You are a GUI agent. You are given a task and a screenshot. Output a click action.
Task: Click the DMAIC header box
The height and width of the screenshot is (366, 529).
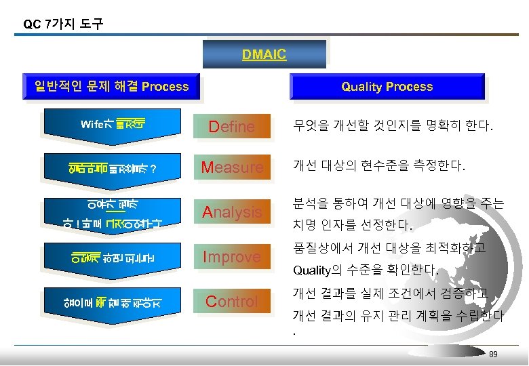pyautogui.click(x=264, y=54)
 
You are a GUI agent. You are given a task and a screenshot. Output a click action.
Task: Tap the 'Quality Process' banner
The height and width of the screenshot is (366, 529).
pyautogui.click(x=387, y=87)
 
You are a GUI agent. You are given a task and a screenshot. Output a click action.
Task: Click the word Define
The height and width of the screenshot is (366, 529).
pyautogui.click(x=231, y=127)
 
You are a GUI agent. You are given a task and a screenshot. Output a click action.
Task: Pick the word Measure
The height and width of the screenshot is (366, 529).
pyautogui.click(x=232, y=167)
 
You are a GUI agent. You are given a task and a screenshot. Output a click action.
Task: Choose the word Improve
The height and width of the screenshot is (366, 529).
pyautogui.click(x=233, y=257)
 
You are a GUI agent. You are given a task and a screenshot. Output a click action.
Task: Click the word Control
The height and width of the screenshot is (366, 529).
pyautogui.click(x=231, y=302)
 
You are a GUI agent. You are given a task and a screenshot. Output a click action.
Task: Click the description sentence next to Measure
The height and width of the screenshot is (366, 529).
pyautogui.click(x=379, y=167)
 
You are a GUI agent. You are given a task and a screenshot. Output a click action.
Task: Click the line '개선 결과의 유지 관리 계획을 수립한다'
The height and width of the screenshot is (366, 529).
pyautogui.click(x=398, y=317)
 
